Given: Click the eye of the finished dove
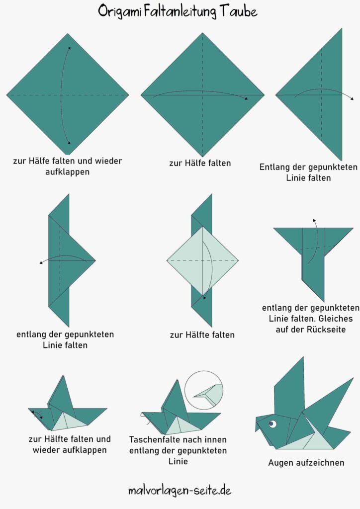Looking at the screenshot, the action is (x=272, y=424).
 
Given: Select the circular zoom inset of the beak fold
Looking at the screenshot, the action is (x=204, y=390).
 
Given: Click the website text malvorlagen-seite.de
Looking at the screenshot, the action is (x=180, y=490).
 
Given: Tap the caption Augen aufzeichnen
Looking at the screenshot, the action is (x=306, y=463).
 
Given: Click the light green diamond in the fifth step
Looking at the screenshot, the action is (x=202, y=260).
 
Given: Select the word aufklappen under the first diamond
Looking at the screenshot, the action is (x=68, y=171).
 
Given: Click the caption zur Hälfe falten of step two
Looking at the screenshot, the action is (x=200, y=163).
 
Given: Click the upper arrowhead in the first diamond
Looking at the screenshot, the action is (x=69, y=48).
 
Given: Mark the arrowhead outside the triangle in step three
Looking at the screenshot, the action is (x=352, y=98).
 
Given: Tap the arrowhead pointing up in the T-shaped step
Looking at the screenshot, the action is (x=314, y=221).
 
